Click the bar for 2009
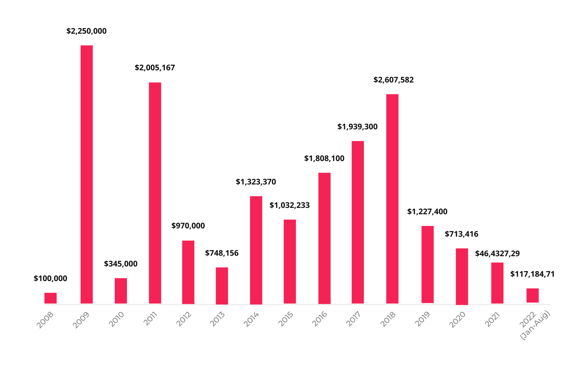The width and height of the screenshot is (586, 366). point(86,174)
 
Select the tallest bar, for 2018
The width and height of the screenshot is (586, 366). point(392,199)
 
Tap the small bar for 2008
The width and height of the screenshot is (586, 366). point(50,298)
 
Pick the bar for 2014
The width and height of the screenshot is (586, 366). point(256,250)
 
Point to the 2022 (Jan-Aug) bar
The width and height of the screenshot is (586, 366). point(532,295)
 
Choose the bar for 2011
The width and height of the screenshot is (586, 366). point(155,193)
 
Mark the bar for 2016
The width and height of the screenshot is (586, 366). point(324,238)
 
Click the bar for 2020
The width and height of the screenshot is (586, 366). point(462,276)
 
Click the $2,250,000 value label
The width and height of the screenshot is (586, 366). point(86,31)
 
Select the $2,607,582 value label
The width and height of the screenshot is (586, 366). point(393,80)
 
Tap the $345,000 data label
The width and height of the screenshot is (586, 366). point(120,264)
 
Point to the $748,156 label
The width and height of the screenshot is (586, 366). point(222,253)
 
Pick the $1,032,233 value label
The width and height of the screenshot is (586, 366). point(290,205)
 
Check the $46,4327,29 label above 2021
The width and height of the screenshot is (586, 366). point(497,254)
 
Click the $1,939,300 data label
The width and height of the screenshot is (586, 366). point(357,127)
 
